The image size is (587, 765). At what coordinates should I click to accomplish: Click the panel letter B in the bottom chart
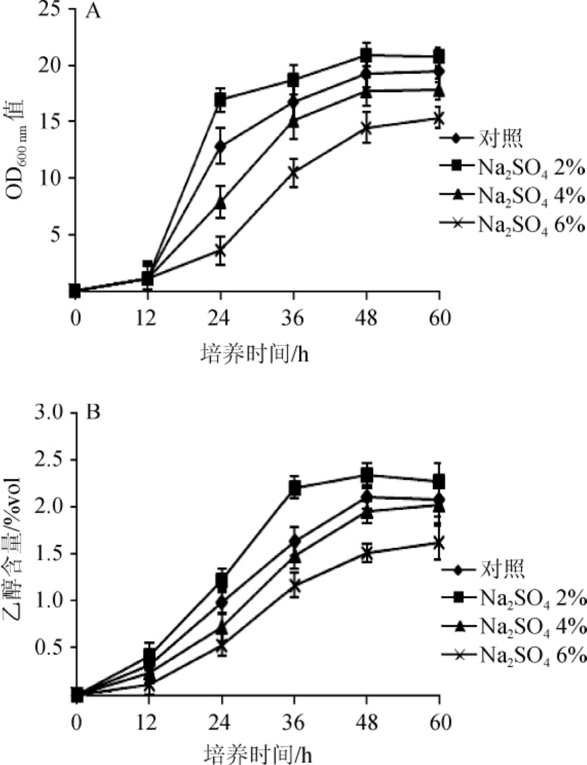pos(94,413)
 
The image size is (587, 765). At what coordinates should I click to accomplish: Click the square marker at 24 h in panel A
pos(220,101)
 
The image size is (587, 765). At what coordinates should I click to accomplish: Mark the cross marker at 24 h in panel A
pos(220,251)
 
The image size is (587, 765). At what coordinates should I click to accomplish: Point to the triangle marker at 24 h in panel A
pos(220,203)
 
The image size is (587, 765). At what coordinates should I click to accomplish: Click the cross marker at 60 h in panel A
pos(439,118)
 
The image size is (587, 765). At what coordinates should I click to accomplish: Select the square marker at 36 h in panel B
pos(295,488)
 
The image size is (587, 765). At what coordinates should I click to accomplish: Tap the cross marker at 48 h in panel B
pos(367,554)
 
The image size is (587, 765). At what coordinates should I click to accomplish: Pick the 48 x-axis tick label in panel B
pos(367,723)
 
